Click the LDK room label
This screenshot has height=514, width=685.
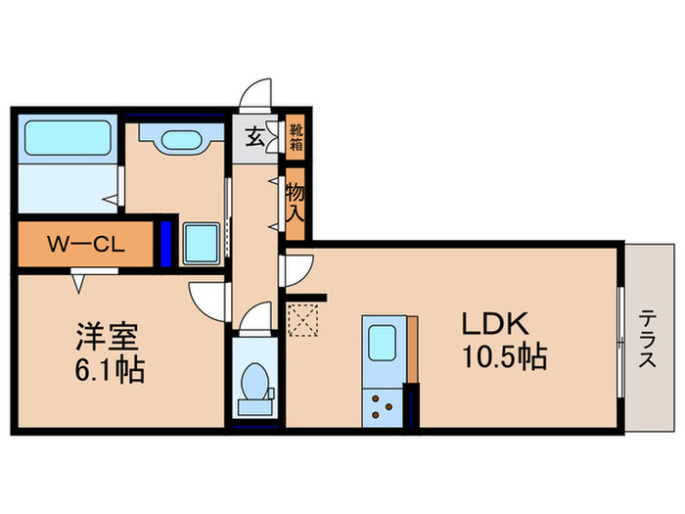(495, 323)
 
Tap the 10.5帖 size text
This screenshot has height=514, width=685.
(505, 357)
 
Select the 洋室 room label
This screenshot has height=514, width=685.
(108, 337)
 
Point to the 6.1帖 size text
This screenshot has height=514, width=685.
(110, 370)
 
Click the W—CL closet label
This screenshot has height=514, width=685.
(86, 244)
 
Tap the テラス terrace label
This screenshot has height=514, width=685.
(648, 339)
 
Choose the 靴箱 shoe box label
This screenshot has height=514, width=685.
(297, 138)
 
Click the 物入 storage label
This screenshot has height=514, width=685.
(295, 203)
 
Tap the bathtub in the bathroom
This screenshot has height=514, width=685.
(68, 138)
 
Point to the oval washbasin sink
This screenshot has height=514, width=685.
(181, 140)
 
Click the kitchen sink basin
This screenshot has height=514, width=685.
(382, 343)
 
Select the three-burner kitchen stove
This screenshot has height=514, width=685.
(383, 407)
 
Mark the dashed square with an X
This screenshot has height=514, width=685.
(302, 320)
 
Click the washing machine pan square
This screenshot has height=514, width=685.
(202, 244)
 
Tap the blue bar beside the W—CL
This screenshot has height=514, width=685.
(165, 244)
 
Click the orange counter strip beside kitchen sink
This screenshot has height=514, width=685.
(412, 350)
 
